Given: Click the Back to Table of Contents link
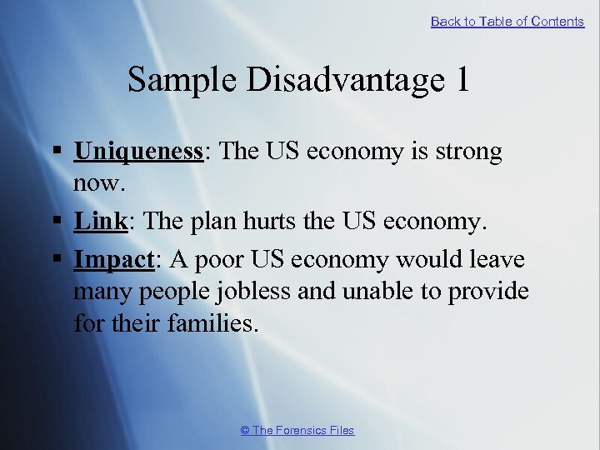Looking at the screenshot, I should (507, 22).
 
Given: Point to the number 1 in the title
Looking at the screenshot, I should (462, 80).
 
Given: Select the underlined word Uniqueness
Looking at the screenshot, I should (139, 152).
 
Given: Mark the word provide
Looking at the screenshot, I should (489, 291).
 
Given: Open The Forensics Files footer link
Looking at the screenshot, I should (297, 430).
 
